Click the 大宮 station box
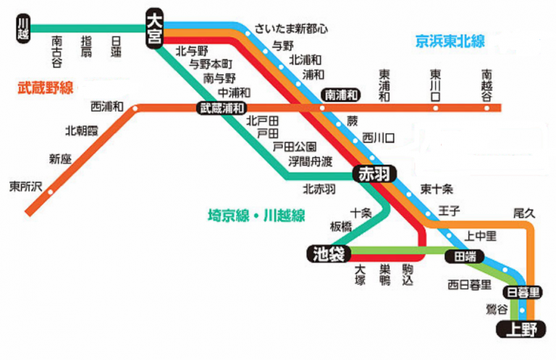click(x=153, y=28)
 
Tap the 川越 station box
click(x=23, y=28)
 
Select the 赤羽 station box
click(x=371, y=174)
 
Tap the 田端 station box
click(x=465, y=256)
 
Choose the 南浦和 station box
click(x=340, y=94)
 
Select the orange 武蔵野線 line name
click(x=46, y=88)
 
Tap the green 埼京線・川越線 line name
click(x=256, y=215)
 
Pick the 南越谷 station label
click(x=486, y=84)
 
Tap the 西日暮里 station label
click(x=470, y=284)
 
